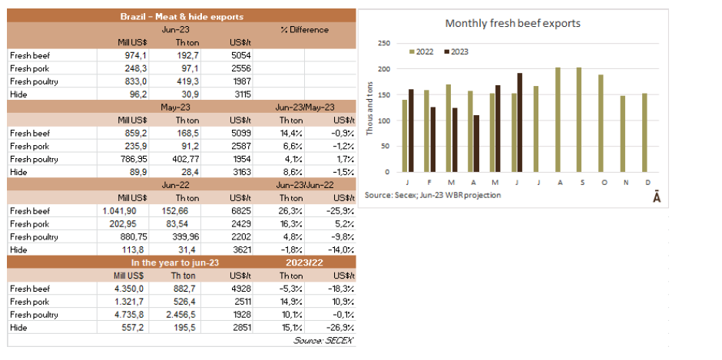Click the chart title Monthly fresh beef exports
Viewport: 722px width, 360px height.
click(x=512, y=23)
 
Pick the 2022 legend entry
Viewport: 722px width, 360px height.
click(x=420, y=51)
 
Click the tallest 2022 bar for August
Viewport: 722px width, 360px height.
click(x=558, y=119)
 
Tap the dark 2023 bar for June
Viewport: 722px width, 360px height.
click(x=520, y=122)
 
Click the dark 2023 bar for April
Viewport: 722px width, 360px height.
click(x=476, y=144)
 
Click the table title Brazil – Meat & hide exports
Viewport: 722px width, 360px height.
click(x=182, y=16)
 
